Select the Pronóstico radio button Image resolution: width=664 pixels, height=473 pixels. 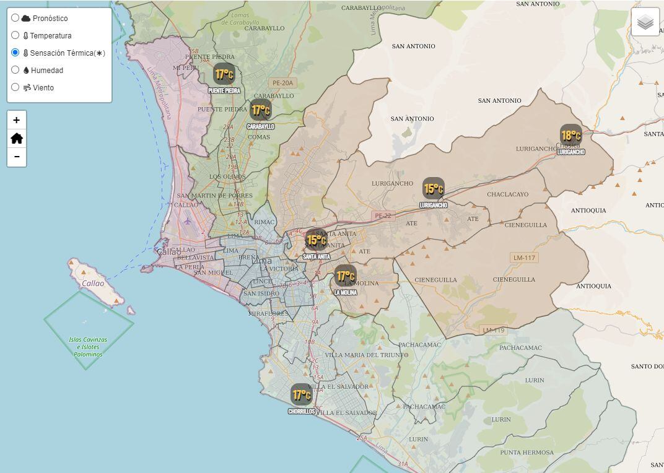(15, 18)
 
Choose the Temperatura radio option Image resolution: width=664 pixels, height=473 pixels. (15, 35)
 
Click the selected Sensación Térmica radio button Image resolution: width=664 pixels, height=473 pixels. (15, 53)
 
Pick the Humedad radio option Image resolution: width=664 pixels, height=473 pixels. (15, 70)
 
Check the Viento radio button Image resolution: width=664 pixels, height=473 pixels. (15, 87)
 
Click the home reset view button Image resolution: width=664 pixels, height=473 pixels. (17, 139)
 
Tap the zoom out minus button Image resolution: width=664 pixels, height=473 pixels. (17, 157)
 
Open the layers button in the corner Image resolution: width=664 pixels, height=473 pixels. (645, 22)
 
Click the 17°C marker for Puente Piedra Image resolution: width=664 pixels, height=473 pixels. (224, 74)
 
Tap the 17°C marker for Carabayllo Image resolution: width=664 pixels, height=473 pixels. (261, 110)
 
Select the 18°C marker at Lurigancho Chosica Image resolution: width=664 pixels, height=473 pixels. (570, 135)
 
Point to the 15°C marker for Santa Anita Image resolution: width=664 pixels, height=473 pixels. (316, 240)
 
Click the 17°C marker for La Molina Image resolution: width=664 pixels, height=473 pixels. (345, 276)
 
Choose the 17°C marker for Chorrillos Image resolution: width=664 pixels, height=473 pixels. (302, 394)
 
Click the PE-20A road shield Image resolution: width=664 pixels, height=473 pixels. (283, 82)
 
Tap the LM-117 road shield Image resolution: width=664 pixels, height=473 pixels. (524, 258)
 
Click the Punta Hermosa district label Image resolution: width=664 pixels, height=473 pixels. (527, 453)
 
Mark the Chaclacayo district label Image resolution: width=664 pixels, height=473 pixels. (508, 194)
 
